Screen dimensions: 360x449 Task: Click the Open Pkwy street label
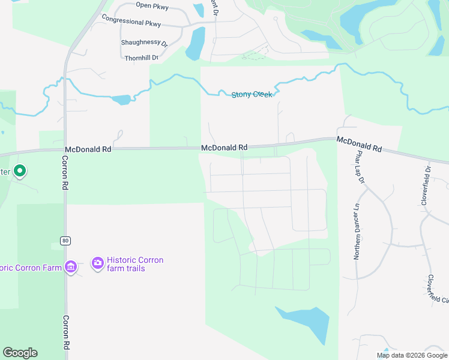152,6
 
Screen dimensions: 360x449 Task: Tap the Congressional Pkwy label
131,21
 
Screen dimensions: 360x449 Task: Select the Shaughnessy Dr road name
145,43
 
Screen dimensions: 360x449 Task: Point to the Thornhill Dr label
142,58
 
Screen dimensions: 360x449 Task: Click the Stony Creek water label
252,95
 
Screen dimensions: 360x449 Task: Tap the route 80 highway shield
65,241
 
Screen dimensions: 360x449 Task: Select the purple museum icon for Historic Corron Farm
70,266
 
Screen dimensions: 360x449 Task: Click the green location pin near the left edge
20,172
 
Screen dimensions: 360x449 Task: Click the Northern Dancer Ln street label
357,232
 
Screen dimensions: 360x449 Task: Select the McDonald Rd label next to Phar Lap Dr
359,144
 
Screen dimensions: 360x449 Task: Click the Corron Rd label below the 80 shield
66,332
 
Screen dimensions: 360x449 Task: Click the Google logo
20,353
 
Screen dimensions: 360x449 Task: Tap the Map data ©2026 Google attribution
411,355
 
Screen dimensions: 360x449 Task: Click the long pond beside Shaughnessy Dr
195,43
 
